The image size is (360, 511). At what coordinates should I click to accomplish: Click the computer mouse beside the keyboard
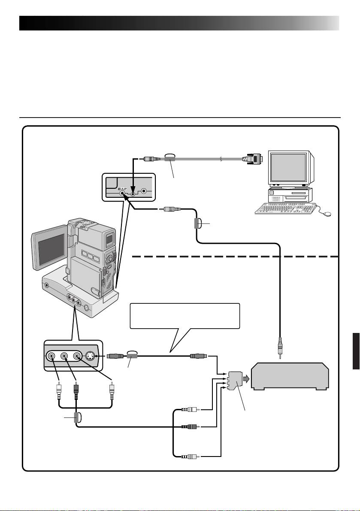coord(328,213)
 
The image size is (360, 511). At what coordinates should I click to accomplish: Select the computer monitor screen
coord(288,168)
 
